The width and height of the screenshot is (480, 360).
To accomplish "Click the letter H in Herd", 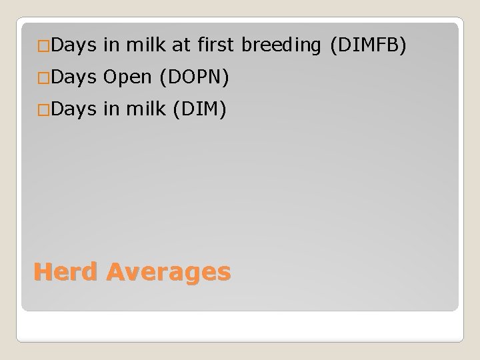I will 41,272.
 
